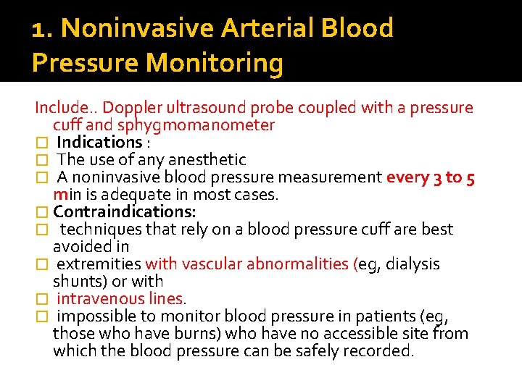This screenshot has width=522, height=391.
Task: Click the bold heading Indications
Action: click(x=99, y=143)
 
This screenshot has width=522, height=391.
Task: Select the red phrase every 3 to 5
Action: click(x=431, y=177)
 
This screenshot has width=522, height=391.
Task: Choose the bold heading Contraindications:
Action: click(x=125, y=212)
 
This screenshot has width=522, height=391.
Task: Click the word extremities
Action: click(x=99, y=264)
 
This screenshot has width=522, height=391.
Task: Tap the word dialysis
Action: click(x=413, y=264)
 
